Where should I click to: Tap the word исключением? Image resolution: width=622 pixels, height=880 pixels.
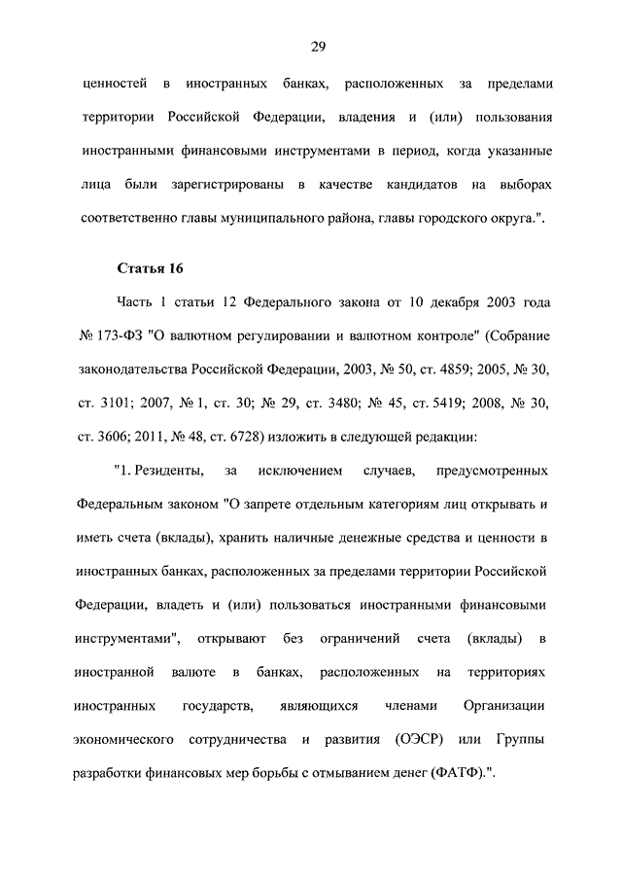click(301, 472)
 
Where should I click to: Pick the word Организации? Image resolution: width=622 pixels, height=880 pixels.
click(504, 705)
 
